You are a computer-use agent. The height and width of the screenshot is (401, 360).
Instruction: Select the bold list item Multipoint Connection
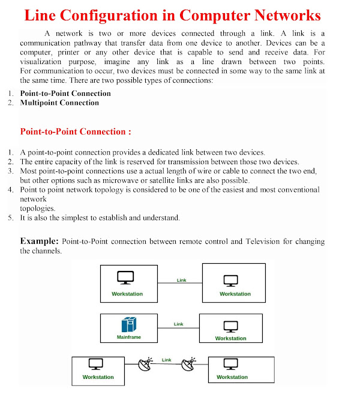coord(59,102)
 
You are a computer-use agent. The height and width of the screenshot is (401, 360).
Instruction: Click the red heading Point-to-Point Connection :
coord(76,131)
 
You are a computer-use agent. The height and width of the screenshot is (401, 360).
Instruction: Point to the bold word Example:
coord(40,241)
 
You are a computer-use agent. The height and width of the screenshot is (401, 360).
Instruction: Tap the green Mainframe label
coord(128,337)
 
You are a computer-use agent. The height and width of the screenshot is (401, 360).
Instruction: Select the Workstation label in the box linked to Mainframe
coord(230,339)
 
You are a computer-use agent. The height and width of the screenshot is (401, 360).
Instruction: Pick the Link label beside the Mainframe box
coord(178,324)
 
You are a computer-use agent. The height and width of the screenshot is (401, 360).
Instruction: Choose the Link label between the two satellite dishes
coord(167,360)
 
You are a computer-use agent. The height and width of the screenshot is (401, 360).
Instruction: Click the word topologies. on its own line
coord(37,208)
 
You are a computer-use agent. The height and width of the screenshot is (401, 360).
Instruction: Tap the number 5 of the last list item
coord(11,218)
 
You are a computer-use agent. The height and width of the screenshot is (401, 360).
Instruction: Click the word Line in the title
coord(43,16)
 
